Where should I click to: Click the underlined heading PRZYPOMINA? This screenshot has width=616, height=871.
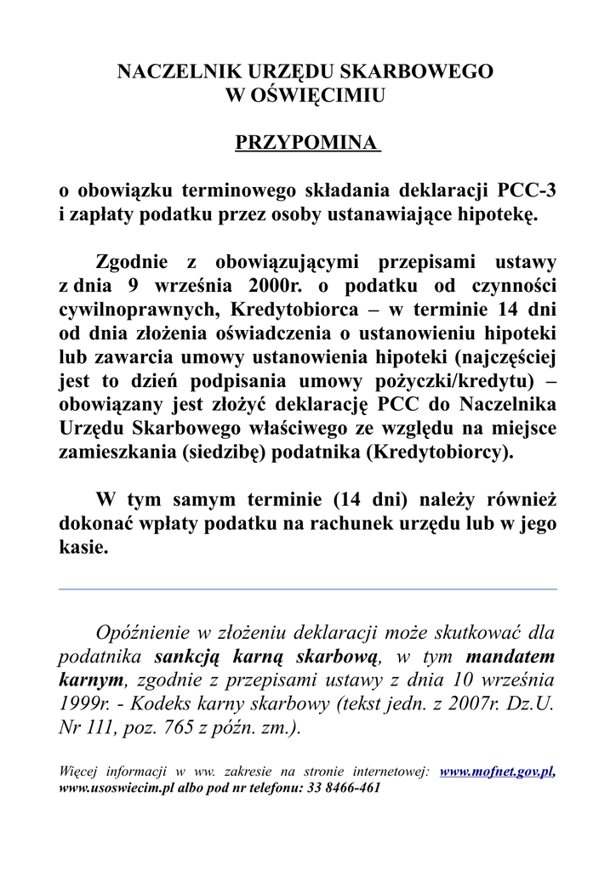pos(306,142)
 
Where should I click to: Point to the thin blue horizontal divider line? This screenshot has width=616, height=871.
pos(307,589)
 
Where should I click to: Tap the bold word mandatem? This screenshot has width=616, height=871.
pos(510,657)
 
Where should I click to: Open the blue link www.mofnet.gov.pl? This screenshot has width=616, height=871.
pos(497,772)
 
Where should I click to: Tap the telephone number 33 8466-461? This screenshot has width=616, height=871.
pos(339,788)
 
